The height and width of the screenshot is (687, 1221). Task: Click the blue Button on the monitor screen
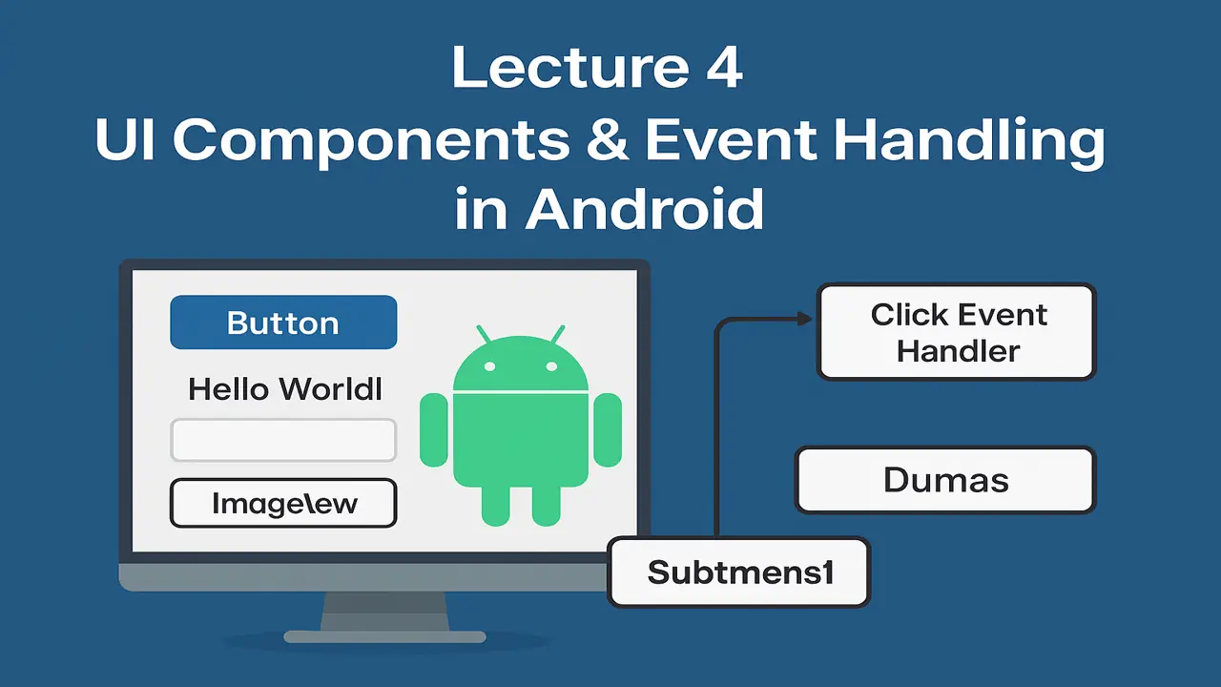[283, 323]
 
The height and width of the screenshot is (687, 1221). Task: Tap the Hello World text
[285, 389]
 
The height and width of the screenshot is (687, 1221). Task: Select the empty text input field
[283, 441]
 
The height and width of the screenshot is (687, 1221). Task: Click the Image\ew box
[283, 503]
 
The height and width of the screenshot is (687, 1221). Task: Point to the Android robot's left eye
[489, 366]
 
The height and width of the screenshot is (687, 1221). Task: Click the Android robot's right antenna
[557, 335]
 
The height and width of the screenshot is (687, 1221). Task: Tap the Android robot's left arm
[434, 430]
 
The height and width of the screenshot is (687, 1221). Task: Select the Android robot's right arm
[608, 430]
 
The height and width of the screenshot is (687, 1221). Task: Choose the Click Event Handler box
[958, 332]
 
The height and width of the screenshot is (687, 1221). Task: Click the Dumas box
[945, 480]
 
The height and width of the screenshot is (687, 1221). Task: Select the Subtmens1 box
[739, 572]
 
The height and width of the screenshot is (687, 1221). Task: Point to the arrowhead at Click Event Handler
[803, 320]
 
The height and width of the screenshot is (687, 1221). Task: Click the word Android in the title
[645, 210]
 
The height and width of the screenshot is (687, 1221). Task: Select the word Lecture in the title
[562, 69]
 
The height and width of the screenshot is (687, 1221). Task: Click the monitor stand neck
[384, 610]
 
